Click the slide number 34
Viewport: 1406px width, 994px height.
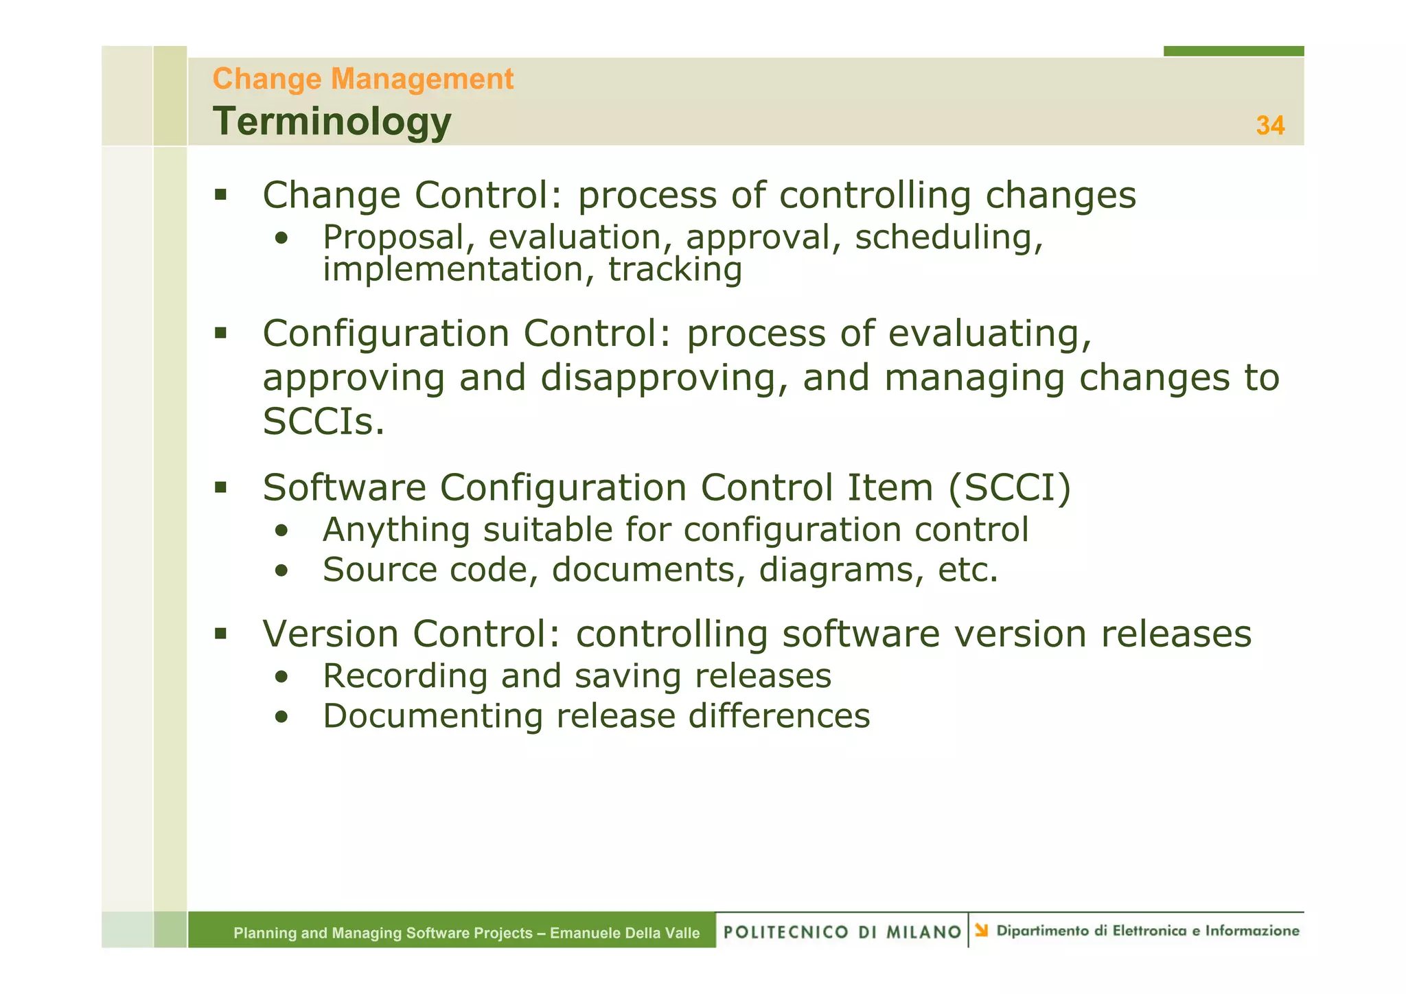click(1269, 126)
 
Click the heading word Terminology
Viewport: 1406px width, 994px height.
click(332, 122)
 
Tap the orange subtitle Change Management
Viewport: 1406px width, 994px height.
click(362, 79)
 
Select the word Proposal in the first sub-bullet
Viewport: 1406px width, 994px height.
click(394, 238)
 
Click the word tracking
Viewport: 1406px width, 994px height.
click(675, 269)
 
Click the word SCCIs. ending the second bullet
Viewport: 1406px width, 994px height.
click(323, 421)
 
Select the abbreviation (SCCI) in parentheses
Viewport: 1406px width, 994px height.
click(1009, 488)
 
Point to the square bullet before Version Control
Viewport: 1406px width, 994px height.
click(220, 633)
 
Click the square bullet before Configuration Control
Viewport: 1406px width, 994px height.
click(220, 334)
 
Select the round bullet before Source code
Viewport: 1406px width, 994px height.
click(281, 570)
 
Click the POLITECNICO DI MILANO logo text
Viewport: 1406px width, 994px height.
click(842, 932)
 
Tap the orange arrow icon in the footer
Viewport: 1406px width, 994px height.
click(982, 930)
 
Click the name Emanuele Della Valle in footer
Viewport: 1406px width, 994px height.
click(625, 933)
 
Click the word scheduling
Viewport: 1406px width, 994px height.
click(948, 238)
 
